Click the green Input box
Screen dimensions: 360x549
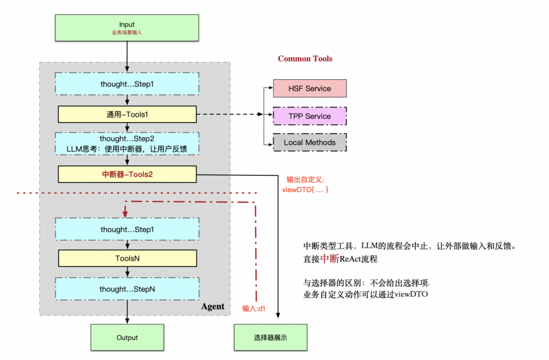[x=127, y=27]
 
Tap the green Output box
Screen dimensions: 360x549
[x=127, y=338]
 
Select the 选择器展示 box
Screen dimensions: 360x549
[x=270, y=338]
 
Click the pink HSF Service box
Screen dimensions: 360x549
[x=310, y=88]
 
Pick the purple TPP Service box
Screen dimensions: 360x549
[x=310, y=116]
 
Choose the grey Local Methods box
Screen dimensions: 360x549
[x=310, y=142]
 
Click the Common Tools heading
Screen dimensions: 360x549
[x=304, y=58]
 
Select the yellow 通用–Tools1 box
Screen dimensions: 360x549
[x=127, y=114]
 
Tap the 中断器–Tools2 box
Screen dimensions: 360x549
[x=127, y=175]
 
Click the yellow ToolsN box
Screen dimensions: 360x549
[x=127, y=258]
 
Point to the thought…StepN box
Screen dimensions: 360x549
[x=127, y=289]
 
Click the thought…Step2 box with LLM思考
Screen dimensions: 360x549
[x=127, y=143]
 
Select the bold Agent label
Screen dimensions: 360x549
[x=212, y=306]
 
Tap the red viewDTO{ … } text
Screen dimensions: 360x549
[x=306, y=189]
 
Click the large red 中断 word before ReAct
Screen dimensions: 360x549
[x=329, y=258]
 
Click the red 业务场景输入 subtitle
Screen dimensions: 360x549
[x=127, y=32]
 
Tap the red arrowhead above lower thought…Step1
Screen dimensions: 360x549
[x=125, y=214]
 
